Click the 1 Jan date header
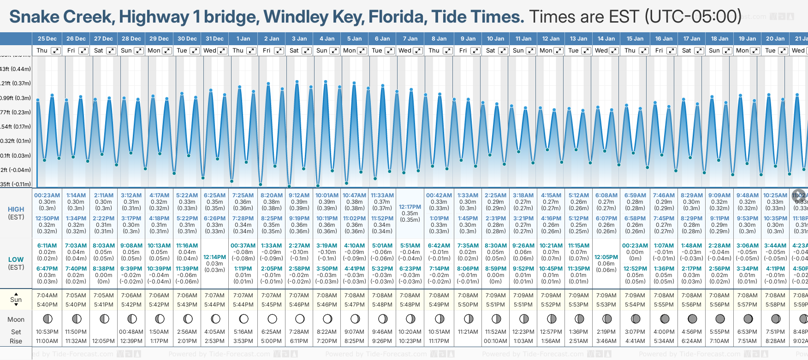243,39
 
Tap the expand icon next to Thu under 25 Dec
56,51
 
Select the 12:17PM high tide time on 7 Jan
410,207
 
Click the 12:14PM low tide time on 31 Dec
215,257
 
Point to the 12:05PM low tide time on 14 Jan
606,257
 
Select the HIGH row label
16,209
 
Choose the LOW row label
16,260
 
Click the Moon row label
16,319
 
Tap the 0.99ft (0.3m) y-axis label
16,98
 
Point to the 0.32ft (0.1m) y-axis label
16,141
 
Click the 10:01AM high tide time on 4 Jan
327,195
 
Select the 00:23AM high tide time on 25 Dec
47,195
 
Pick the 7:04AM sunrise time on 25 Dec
47,295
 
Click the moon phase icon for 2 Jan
272,319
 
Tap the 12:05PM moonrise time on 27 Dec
104,341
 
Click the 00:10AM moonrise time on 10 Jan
495,341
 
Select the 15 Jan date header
635,39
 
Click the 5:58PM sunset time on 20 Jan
775,305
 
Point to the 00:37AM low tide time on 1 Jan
243,246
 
